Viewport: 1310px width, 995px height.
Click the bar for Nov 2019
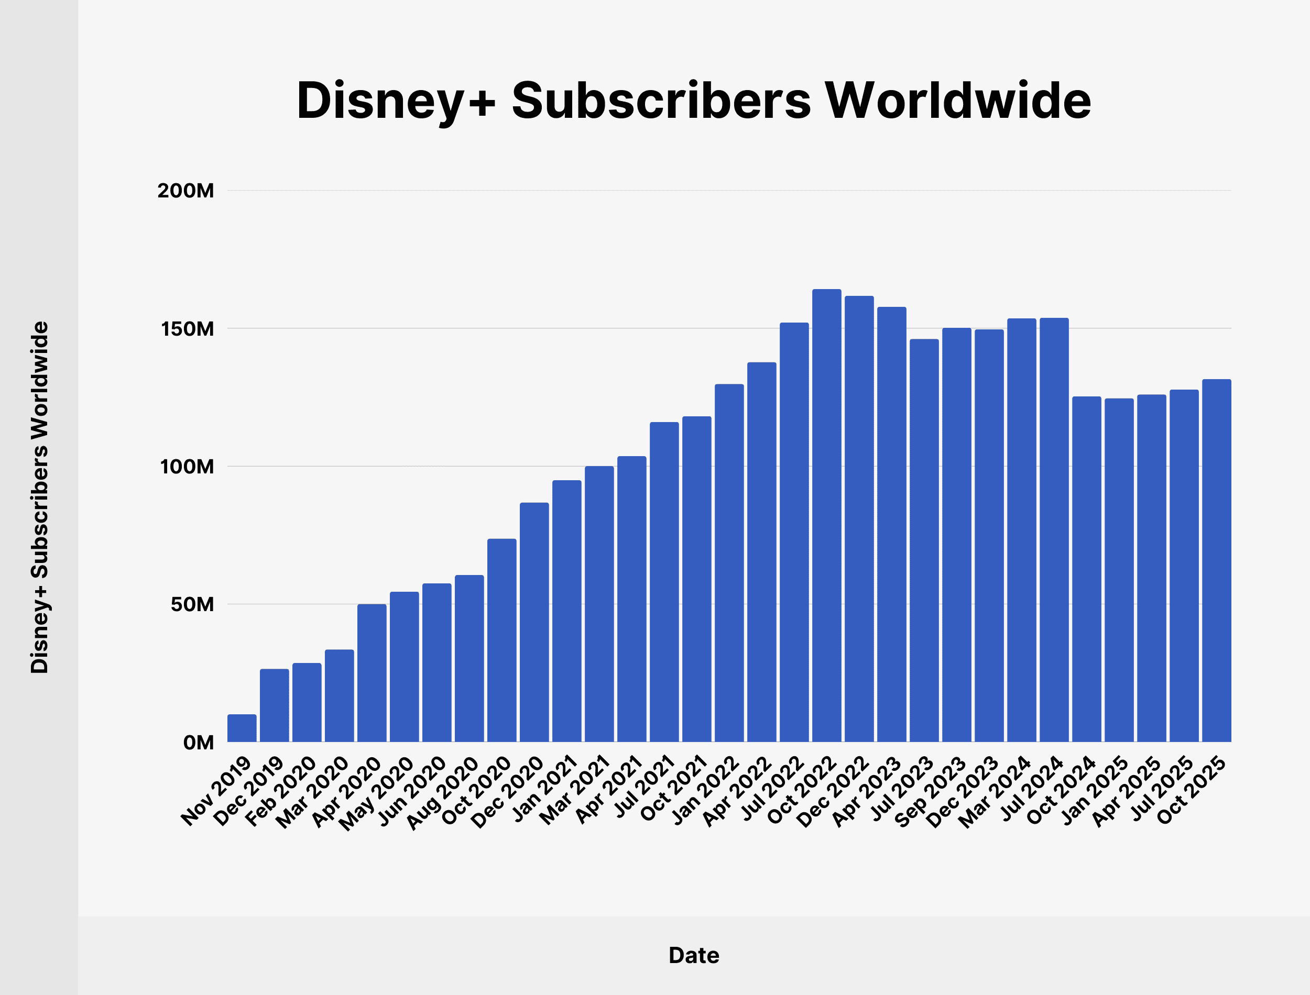tap(242, 728)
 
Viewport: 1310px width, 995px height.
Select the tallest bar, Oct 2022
tap(826, 515)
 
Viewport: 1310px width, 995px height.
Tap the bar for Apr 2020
tap(372, 673)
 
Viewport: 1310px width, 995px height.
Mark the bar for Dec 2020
tap(534, 622)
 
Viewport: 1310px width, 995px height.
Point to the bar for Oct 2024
tap(1087, 569)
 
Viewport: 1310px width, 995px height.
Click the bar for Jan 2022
tap(729, 562)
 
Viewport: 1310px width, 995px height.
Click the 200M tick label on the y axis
tap(185, 191)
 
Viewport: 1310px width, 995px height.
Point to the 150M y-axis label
tap(187, 329)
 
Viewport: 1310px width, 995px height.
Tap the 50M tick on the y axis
tap(192, 604)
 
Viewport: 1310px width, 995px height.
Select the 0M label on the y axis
tap(199, 742)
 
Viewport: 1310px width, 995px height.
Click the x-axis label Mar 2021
tap(575, 791)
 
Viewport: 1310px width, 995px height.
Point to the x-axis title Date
tap(694, 955)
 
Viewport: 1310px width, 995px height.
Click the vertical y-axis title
tap(40, 497)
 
